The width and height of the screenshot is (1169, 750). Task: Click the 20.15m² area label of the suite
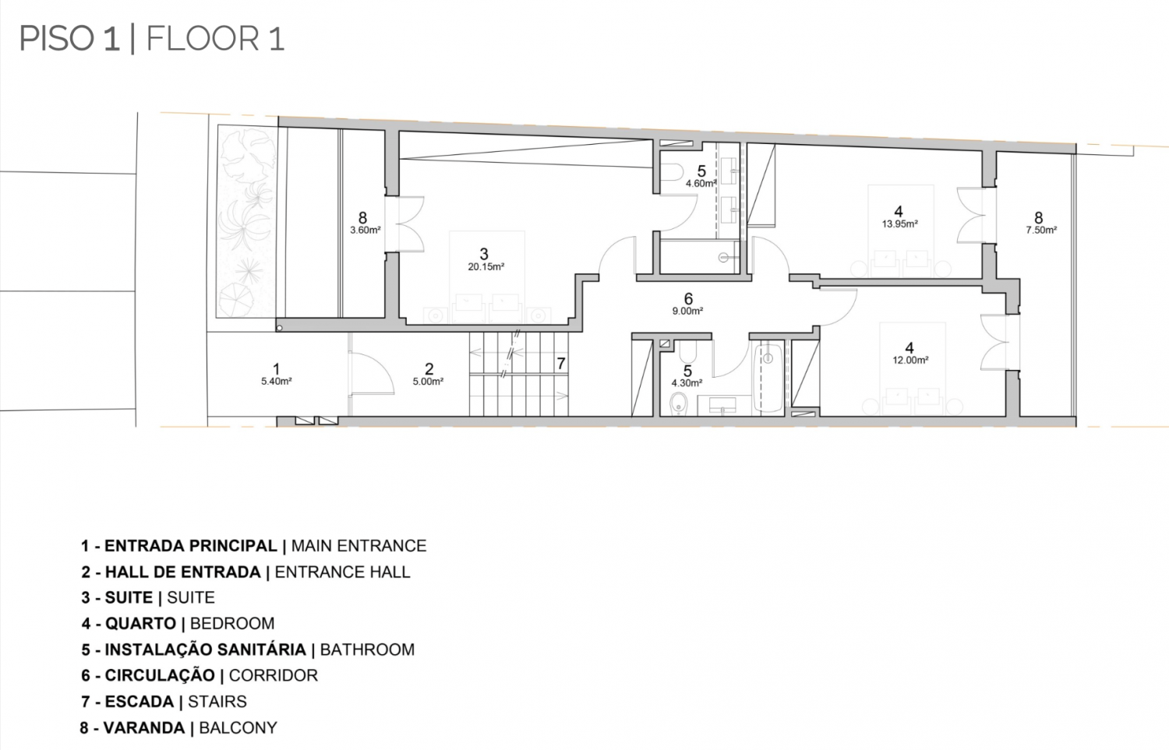coord(486,267)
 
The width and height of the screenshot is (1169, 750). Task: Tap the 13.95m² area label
coord(899,224)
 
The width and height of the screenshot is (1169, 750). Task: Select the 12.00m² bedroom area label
coord(910,360)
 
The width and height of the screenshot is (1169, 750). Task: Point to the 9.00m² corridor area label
coord(687,312)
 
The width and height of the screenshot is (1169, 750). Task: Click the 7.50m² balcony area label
coord(1041,230)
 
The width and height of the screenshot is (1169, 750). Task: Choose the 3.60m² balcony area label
coord(366,230)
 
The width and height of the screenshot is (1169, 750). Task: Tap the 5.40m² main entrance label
coord(276,382)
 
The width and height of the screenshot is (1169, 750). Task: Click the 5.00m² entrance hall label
coord(428,382)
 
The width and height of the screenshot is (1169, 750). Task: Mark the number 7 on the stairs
coord(561,364)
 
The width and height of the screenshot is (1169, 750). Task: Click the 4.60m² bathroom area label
coord(701,184)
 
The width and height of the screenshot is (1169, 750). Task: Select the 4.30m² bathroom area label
coord(687,383)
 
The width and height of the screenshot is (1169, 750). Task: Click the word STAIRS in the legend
coord(217,702)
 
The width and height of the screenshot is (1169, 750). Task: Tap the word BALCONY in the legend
coord(238,727)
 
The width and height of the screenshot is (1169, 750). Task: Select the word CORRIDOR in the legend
coord(273,675)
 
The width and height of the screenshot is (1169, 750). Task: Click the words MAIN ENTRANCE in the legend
coord(358,545)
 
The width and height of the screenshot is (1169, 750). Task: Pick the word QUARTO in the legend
coord(140,623)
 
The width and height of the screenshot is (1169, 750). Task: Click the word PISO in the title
coord(56,39)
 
